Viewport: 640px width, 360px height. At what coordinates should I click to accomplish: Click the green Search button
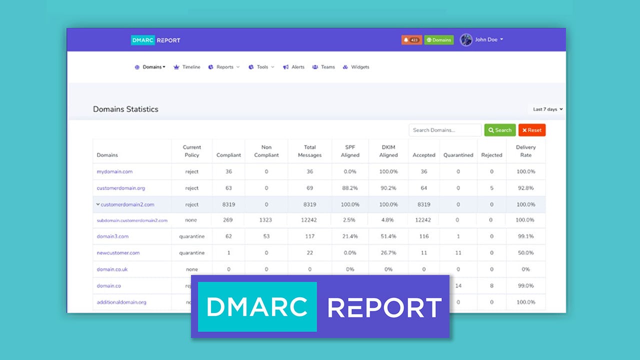click(500, 130)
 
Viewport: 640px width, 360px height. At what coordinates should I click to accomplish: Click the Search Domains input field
click(445, 130)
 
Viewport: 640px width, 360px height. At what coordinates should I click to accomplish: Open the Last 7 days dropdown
click(547, 109)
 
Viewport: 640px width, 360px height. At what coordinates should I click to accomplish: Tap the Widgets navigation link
click(356, 67)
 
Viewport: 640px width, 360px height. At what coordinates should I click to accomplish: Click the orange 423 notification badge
click(411, 40)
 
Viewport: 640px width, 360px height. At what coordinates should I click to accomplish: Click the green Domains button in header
click(439, 40)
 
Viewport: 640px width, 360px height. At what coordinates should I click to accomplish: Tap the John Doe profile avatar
click(466, 40)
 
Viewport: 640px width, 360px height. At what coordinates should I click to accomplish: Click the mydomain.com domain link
click(114, 171)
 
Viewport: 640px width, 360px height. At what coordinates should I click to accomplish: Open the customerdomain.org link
click(120, 188)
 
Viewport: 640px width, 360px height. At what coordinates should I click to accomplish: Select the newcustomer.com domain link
click(118, 253)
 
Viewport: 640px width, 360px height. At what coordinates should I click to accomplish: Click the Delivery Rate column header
click(525, 151)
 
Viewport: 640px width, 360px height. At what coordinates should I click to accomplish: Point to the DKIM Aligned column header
click(388, 151)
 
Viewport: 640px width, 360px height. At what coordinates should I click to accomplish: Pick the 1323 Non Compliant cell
click(266, 220)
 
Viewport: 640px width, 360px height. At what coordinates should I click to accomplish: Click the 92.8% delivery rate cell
click(525, 188)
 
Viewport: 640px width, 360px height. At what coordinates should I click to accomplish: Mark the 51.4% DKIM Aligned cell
click(388, 236)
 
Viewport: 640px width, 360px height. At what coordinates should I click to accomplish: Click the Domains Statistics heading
click(125, 109)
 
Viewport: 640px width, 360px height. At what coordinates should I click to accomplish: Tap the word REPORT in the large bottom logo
click(384, 307)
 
